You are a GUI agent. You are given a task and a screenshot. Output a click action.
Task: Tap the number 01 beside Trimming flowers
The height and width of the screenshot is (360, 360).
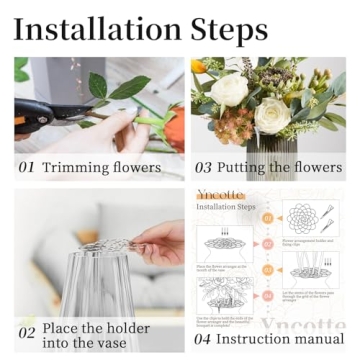click(27, 167)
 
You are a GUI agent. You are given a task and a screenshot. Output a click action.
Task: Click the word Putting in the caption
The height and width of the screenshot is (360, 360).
click(243, 167)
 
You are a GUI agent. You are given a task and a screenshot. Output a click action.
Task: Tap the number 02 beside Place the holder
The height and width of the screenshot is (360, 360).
click(27, 333)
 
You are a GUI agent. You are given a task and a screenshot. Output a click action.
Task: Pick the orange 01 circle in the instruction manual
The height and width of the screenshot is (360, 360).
click(267, 217)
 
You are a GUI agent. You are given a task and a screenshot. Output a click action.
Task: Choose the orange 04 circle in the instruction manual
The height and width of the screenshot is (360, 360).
click(267, 297)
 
